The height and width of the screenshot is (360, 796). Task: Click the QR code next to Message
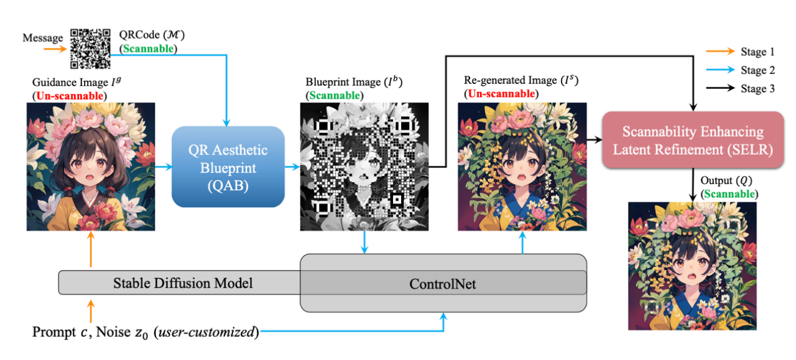coord(90,49)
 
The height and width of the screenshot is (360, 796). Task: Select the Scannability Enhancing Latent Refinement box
coord(692,141)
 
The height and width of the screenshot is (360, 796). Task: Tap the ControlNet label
coord(443,284)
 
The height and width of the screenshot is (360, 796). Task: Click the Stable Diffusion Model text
coord(183,284)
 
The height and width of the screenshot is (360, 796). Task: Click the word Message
coord(43,38)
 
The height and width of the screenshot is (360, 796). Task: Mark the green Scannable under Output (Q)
coord(729,194)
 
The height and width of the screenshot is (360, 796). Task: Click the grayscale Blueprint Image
coord(364,166)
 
